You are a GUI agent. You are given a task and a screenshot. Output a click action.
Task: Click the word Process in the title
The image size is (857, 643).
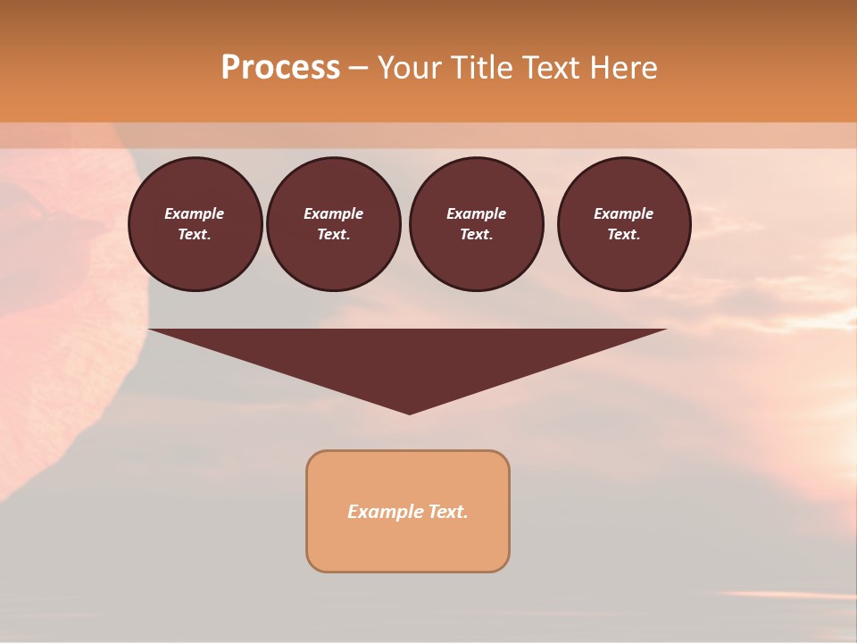[280, 68]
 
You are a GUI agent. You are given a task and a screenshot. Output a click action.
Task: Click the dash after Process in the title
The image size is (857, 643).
[359, 69]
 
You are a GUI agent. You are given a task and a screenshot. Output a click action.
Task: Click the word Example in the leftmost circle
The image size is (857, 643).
[195, 213]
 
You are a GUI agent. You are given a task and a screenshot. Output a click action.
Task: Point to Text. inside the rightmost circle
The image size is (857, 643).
[623, 235]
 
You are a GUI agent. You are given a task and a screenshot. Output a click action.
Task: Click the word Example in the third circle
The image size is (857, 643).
[476, 213]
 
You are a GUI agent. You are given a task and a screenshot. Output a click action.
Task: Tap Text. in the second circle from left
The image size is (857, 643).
[333, 235]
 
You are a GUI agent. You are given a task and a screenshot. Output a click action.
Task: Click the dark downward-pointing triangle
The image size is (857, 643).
[408, 357]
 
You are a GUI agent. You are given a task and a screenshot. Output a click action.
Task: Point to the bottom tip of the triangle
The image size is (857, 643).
[409, 412]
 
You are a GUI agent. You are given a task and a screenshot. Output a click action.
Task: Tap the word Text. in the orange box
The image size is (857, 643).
[448, 512]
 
